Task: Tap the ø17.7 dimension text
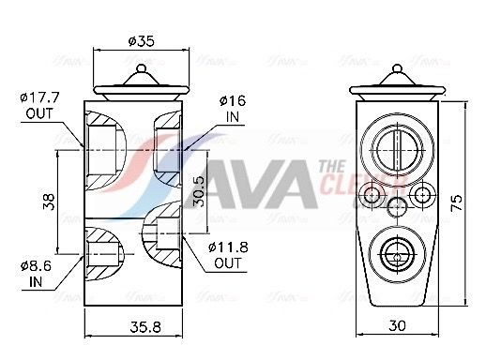[39, 97]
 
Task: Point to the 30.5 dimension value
[198, 191]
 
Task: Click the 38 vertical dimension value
[49, 201]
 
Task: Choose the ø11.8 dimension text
[228, 247]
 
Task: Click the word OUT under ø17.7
[38, 113]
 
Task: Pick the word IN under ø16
[233, 117]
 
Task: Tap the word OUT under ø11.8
[227, 263]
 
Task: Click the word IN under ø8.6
[36, 280]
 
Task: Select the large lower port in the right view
[400, 252]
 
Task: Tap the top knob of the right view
[400, 68]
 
